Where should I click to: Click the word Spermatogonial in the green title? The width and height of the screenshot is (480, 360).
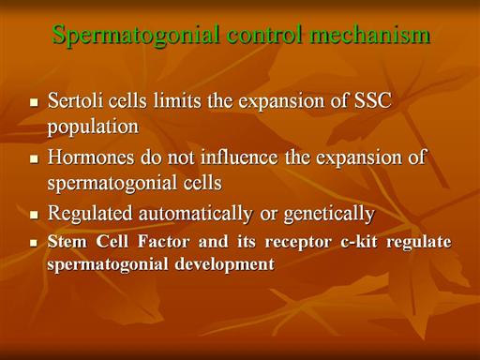click(135, 36)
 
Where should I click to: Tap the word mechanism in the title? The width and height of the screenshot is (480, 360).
click(370, 34)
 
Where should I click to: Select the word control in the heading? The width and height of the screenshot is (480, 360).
click(264, 34)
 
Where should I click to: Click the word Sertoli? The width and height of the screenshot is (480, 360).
click(75, 100)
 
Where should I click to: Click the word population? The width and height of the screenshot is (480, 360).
click(93, 127)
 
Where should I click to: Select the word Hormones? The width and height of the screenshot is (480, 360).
click(91, 157)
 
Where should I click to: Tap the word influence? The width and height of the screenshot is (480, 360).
click(239, 157)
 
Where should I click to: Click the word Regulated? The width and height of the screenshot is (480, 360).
click(90, 215)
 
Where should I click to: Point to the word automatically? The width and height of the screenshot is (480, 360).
click(196, 215)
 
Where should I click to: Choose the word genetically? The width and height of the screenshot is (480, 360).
click(329, 215)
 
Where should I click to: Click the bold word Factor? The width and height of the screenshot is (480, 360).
click(163, 242)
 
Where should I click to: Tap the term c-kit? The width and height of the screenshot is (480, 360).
click(359, 242)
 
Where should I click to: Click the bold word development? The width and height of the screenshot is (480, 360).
click(224, 265)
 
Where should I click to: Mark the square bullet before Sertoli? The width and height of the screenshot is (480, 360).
click(34, 102)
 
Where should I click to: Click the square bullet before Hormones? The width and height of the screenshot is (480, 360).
click(34, 158)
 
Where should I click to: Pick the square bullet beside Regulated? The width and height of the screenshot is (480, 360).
click(34, 215)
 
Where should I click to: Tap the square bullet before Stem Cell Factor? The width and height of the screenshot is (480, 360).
click(34, 243)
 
